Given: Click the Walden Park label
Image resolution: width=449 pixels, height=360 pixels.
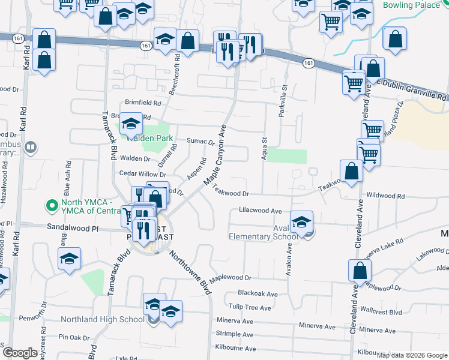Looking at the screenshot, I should tap(149, 138).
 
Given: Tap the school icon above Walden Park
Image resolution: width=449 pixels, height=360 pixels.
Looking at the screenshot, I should tap(130, 124).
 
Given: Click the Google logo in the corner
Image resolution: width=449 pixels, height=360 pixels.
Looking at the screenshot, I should tap(20, 353).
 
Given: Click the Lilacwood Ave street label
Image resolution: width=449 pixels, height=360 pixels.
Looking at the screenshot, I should tap(260, 211).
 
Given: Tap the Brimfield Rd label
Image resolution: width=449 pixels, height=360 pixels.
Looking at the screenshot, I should tap(143, 103).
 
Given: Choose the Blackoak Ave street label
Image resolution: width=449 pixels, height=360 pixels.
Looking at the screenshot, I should tap(258, 294).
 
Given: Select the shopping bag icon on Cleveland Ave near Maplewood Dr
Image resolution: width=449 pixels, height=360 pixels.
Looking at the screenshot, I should tap(360, 271).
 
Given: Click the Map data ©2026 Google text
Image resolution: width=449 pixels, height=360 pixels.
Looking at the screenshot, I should tap(411, 355).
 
